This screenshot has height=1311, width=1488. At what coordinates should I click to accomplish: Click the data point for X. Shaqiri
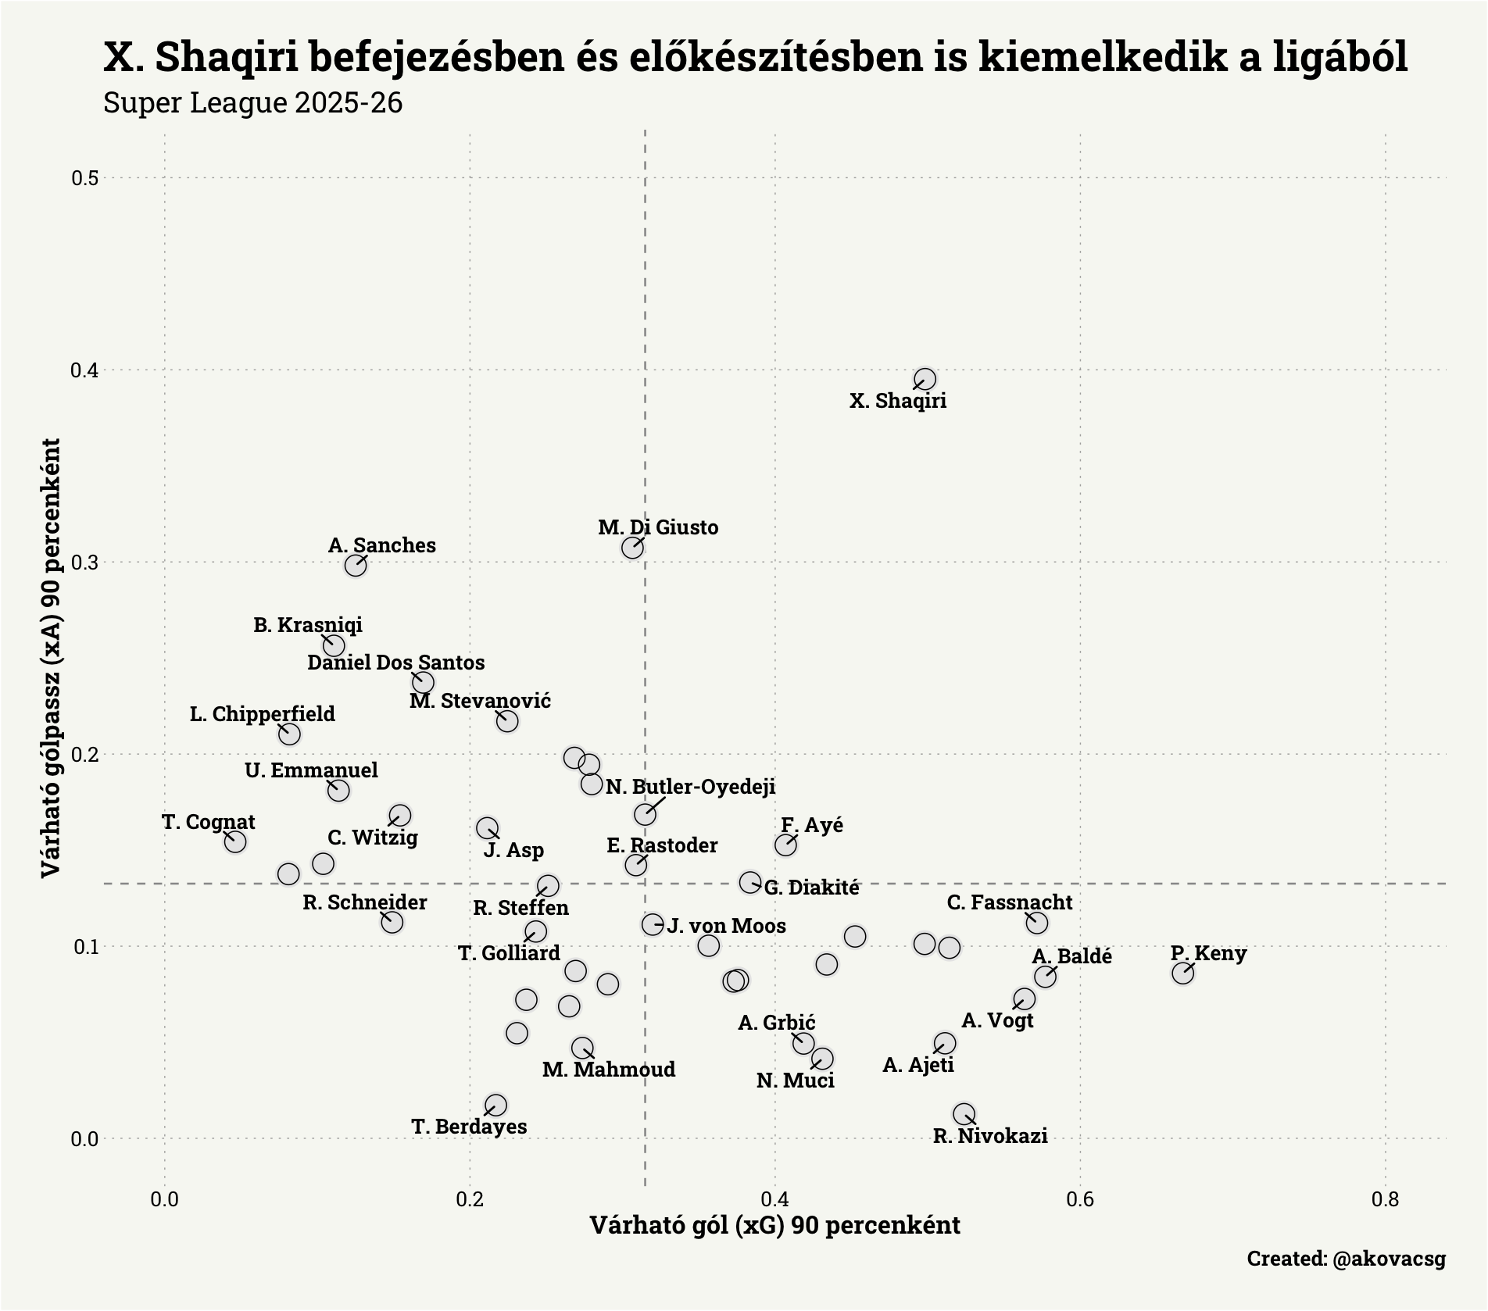pyautogui.click(x=925, y=380)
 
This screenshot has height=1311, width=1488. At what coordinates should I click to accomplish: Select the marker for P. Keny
pyautogui.click(x=1182, y=973)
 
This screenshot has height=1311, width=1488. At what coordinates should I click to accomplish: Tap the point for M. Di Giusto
pyautogui.click(x=632, y=548)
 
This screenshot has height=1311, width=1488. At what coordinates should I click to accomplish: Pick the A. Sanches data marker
pyautogui.click(x=356, y=565)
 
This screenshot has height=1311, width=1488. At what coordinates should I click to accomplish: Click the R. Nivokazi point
pyautogui.click(x=964, y=1113)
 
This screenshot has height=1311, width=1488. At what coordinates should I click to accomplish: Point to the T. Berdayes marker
pyautogui.click(x=495, y=1105)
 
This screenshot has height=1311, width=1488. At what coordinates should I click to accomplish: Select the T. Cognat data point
pyautogui.click(x=235, y=841)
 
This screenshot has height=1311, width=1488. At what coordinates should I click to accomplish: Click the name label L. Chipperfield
pyautogui.click(x=263, y=714)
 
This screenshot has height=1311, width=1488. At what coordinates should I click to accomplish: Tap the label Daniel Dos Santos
pyautogui.click(x=395, y=663)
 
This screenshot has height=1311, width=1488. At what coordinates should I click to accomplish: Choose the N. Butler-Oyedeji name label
pyautogui.click(x=690, y=787)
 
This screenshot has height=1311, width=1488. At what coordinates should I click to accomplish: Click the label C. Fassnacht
pyautogui.click(x=1009, y=902)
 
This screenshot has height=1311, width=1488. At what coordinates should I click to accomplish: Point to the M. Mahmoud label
pyautogui.click(x=609, y=1070)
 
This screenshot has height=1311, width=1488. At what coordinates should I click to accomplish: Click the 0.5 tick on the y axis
pyautogui.click(x=84, y=178)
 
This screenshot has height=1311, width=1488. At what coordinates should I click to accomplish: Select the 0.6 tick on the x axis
pyautogui.click(x=1079, y=1198)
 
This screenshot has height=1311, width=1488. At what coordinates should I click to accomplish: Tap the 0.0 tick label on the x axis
pyautogui.click(x=165, y=1198)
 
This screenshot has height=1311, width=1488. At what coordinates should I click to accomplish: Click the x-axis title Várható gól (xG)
pyautogui.click(x=774, y=1225)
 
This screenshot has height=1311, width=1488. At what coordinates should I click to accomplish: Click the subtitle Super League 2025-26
pyautogui.click(x=252, y=103)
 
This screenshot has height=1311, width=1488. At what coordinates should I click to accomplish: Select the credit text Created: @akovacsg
pyautogui.click(x=1346, y=1259)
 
